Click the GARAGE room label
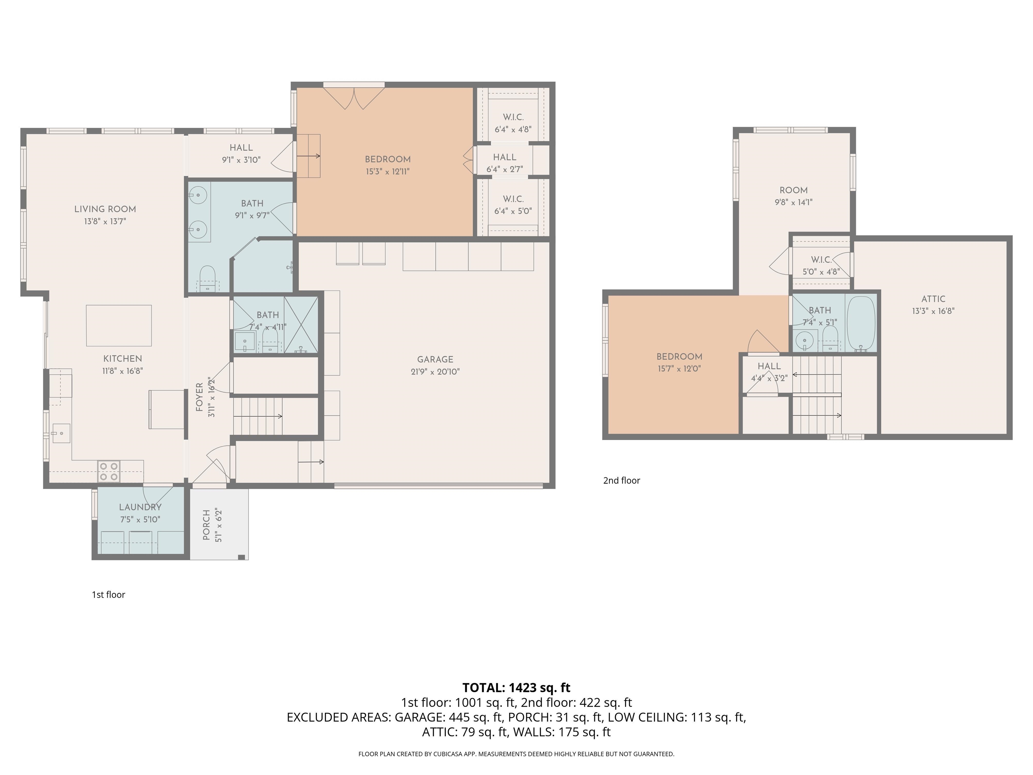(435, 359)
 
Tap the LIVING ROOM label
(105, 209)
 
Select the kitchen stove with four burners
(108, 471)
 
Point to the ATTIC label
(933, 299)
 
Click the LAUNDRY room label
(140, 507)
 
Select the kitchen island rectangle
(119, 326)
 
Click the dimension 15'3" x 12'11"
(388, 172)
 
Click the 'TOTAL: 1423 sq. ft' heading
(516, 688)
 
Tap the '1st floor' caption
(108, 595)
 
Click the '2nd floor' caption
(621, 480)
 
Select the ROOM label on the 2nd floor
(794, 190)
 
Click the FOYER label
(199, 397)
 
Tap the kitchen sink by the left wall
(60, 433)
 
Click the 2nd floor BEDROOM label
(679, 357)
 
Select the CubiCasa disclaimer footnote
(516, 754)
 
